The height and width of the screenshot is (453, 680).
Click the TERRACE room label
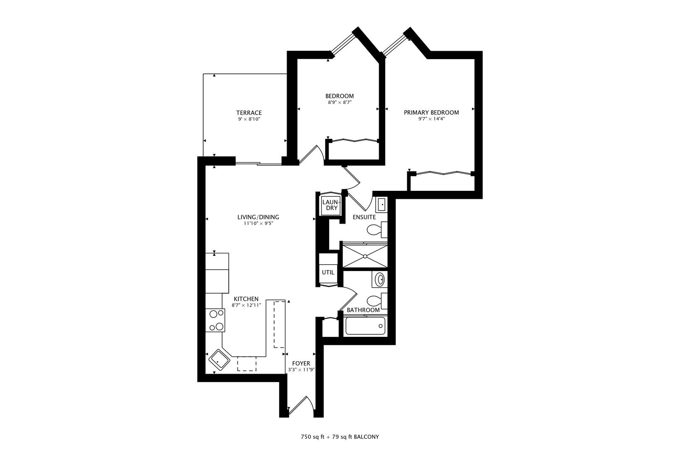point(249,113)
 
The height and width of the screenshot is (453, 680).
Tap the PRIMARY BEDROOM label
point(431,112)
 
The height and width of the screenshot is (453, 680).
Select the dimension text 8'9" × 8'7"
point(340,103)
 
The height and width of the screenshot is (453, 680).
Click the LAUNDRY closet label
point(332,205)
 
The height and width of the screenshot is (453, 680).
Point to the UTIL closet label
point(328,273)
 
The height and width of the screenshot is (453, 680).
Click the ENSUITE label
point(364,217)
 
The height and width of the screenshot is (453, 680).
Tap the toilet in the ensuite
point(377,230)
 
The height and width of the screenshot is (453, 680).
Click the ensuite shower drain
point(365,257)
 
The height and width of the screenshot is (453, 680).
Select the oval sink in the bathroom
point(379,279)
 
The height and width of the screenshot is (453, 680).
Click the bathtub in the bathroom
point(366,326)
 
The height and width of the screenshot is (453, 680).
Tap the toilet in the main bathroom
point(377,301)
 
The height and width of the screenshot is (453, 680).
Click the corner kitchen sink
point(219,360)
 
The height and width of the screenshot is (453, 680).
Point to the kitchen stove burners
point(215,320)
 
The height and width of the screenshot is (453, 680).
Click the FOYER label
point(301,364)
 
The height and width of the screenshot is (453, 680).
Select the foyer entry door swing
point(301,405)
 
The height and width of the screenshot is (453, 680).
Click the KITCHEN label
point(246,299)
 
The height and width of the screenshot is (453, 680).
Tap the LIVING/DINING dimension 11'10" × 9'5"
point(258,224)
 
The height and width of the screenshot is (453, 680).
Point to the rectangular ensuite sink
point(381,205)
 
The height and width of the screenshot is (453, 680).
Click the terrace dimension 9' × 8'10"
point(249,119)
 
